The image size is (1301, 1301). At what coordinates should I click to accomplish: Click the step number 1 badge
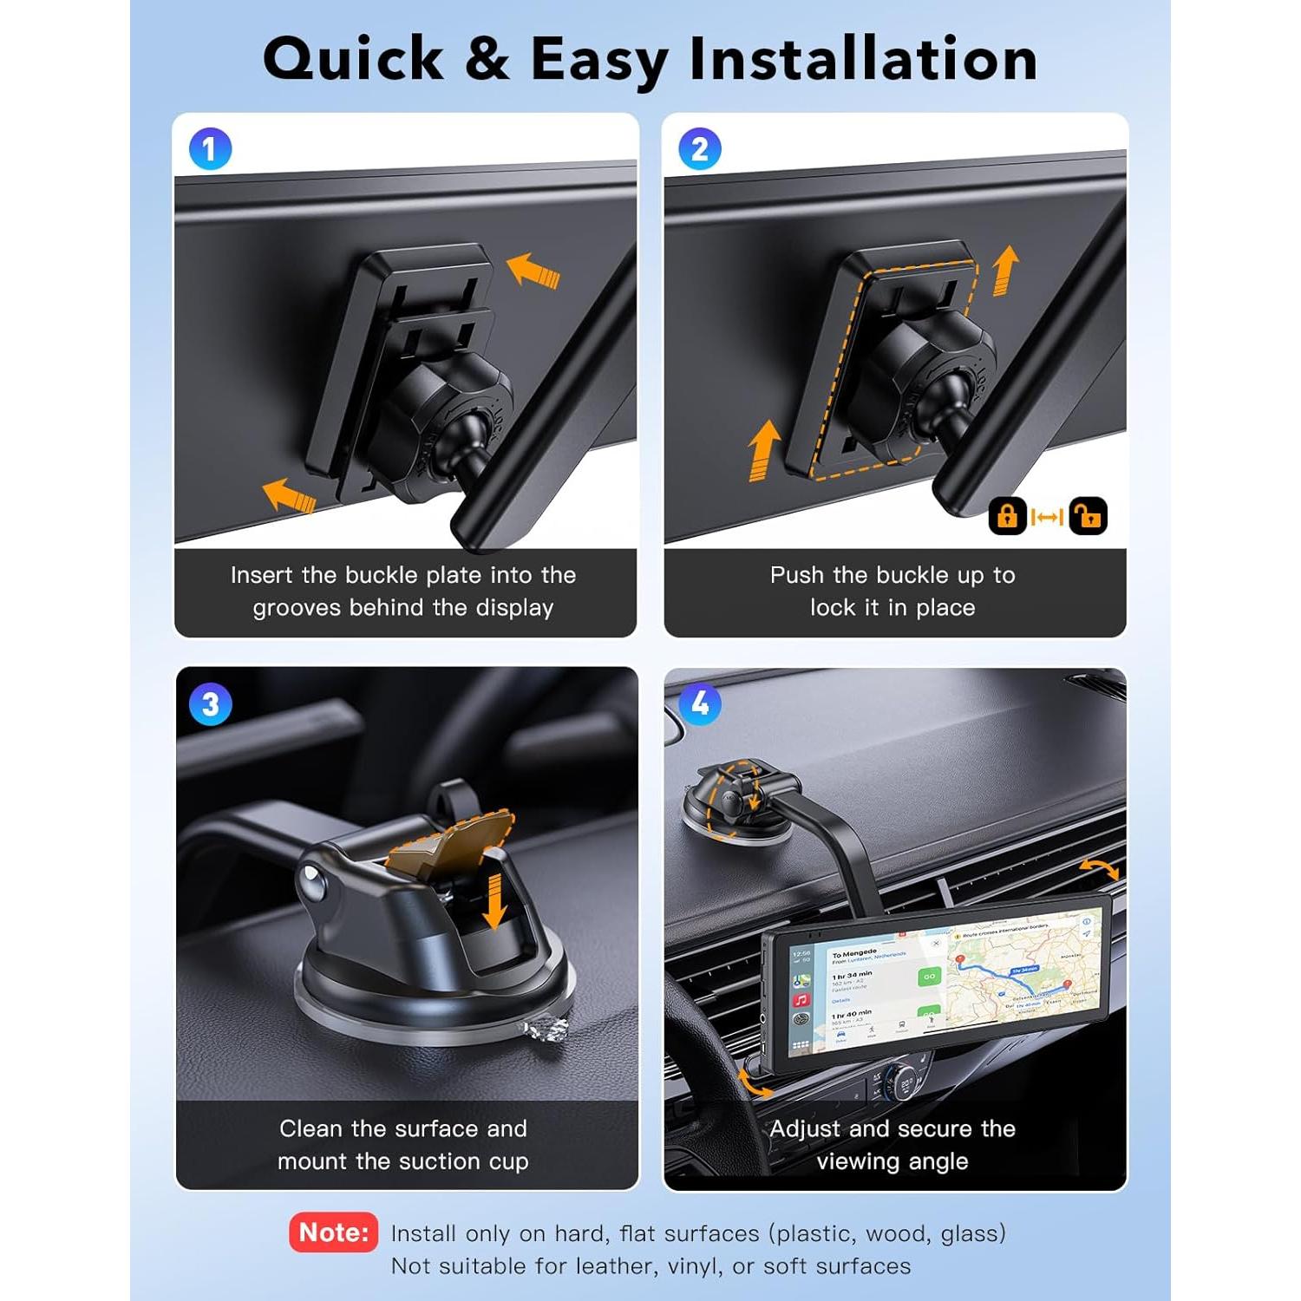click(211, 149)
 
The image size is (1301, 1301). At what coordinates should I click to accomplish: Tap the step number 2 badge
click(700, 149)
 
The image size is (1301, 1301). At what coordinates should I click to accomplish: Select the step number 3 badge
click(211, 704)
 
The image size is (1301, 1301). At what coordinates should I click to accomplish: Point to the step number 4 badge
click(700, 703)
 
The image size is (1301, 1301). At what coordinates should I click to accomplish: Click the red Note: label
click(334, 1232)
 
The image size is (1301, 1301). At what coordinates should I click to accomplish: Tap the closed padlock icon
click(1007, 516)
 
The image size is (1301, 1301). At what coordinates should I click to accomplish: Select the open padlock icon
click(1088, 516)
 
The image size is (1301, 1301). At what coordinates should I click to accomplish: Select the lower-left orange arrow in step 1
click(289, 496)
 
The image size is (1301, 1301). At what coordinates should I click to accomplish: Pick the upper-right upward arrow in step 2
click(1004, 270)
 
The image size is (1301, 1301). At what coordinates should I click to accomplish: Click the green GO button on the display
click(929, 977)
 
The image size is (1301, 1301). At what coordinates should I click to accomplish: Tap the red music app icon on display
click(801, 1000)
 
